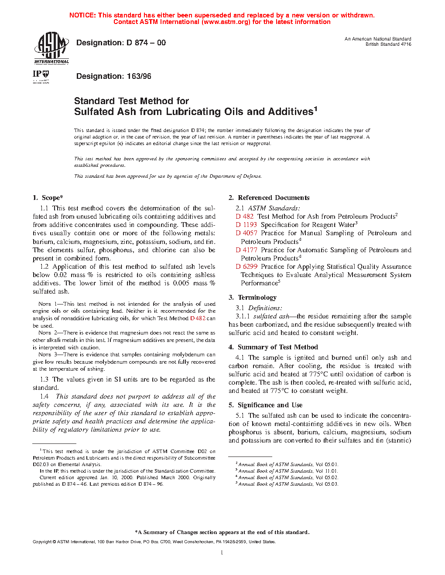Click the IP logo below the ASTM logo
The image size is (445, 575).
41,76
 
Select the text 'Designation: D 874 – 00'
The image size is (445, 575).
121,43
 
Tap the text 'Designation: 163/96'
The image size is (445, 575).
113,76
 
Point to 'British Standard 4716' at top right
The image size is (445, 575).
388,44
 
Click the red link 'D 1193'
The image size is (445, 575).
246,225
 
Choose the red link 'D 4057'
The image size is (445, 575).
246,233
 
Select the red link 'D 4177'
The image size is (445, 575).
246,250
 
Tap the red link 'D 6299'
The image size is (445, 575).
246,267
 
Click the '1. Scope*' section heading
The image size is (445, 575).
48,198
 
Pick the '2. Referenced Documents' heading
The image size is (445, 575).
269,198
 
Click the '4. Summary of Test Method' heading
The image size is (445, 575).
273,347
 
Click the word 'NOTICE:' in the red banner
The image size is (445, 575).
82,15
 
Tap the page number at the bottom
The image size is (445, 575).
222,553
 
